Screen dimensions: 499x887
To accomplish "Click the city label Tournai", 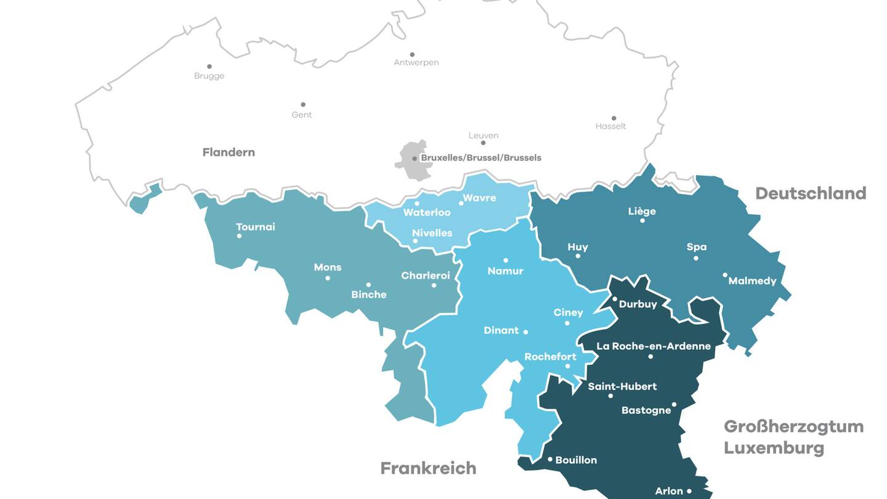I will click(256, 227).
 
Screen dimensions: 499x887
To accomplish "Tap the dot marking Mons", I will click(328, 278).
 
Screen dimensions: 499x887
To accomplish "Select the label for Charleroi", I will click(426, 275).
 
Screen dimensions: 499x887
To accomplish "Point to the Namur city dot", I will click(506, 260).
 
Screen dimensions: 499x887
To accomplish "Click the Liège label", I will click(642, 211).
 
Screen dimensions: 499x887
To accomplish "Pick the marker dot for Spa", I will click(696, 258).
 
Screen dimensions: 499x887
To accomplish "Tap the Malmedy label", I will click(752, 281).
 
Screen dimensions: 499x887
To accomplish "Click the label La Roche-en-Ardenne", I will click(654, 346).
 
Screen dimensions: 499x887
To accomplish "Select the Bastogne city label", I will click(646, 410).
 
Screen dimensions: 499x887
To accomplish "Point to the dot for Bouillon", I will click(550, 459).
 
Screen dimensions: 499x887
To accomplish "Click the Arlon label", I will click(669, 491).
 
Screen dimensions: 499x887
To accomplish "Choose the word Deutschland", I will click(811, 193).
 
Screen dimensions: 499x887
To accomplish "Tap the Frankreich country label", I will click(428, 468).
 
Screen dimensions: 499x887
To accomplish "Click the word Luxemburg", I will click(774, 447).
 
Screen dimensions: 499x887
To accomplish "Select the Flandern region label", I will click(229, 152).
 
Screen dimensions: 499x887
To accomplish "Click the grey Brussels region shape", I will click(408, 166).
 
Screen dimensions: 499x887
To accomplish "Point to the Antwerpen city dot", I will click(412, 54).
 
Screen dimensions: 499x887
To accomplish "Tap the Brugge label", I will click(209, 76).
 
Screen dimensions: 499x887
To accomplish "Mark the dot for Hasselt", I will click(614, 118).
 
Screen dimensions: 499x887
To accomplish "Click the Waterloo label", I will click(427, 213).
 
